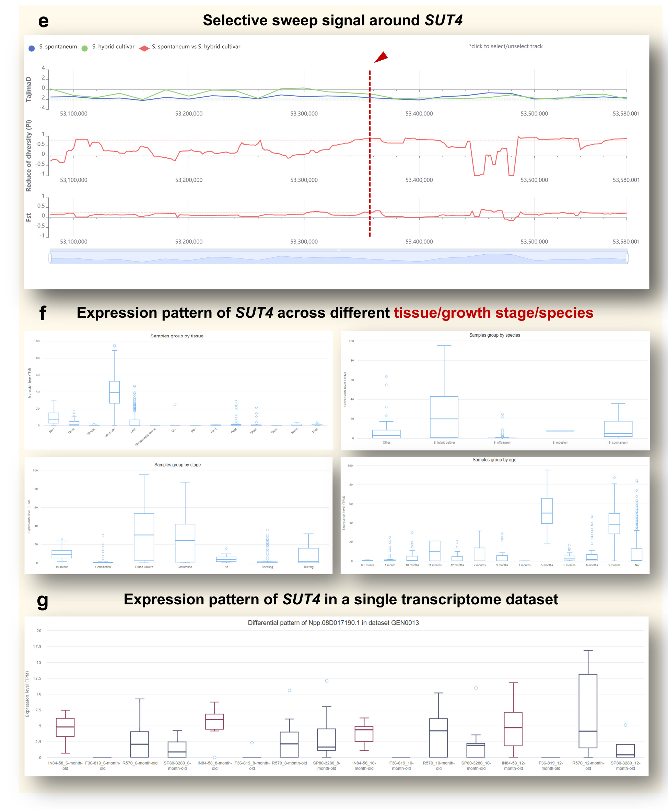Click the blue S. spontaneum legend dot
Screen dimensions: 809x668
coord(32,48)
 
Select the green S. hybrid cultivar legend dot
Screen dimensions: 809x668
coord(84,48)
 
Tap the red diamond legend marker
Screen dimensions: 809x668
coord(144,48)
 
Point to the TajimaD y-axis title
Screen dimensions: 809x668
coord(28,89)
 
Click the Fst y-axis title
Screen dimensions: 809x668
coord(28,218)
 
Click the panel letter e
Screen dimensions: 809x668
coord(44,21)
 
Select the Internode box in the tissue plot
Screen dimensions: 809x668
coord(114,392)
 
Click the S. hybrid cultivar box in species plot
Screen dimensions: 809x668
coord(444,417)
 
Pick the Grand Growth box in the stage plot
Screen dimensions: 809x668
coord(144,536)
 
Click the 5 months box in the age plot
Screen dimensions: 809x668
coord(547,511)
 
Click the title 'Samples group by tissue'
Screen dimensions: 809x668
coord(177,336)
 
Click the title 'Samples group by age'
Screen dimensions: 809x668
coord(494,459)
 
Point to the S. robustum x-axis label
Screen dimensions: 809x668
coord(560,443)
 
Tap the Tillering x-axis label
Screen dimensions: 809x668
coord(308,567)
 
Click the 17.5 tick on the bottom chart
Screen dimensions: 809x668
coord(37,647)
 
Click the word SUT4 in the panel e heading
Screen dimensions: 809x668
coord(443,20)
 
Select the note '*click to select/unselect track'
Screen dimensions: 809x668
coord(505,46)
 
